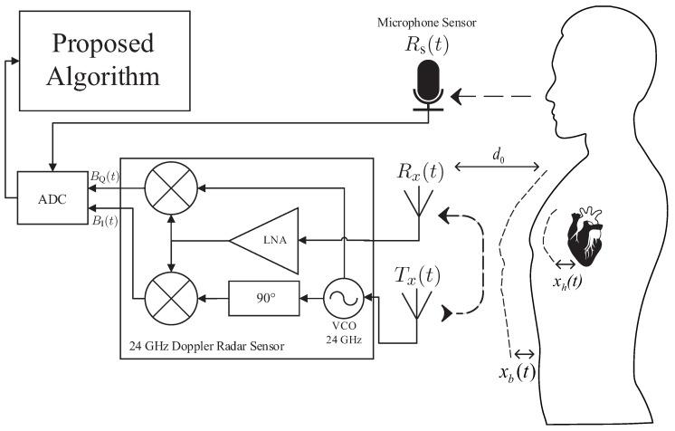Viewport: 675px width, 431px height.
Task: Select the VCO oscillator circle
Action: coord(345,296)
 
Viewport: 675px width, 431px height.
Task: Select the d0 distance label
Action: coord(499,157)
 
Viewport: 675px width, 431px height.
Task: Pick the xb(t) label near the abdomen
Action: coord(517,373)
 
